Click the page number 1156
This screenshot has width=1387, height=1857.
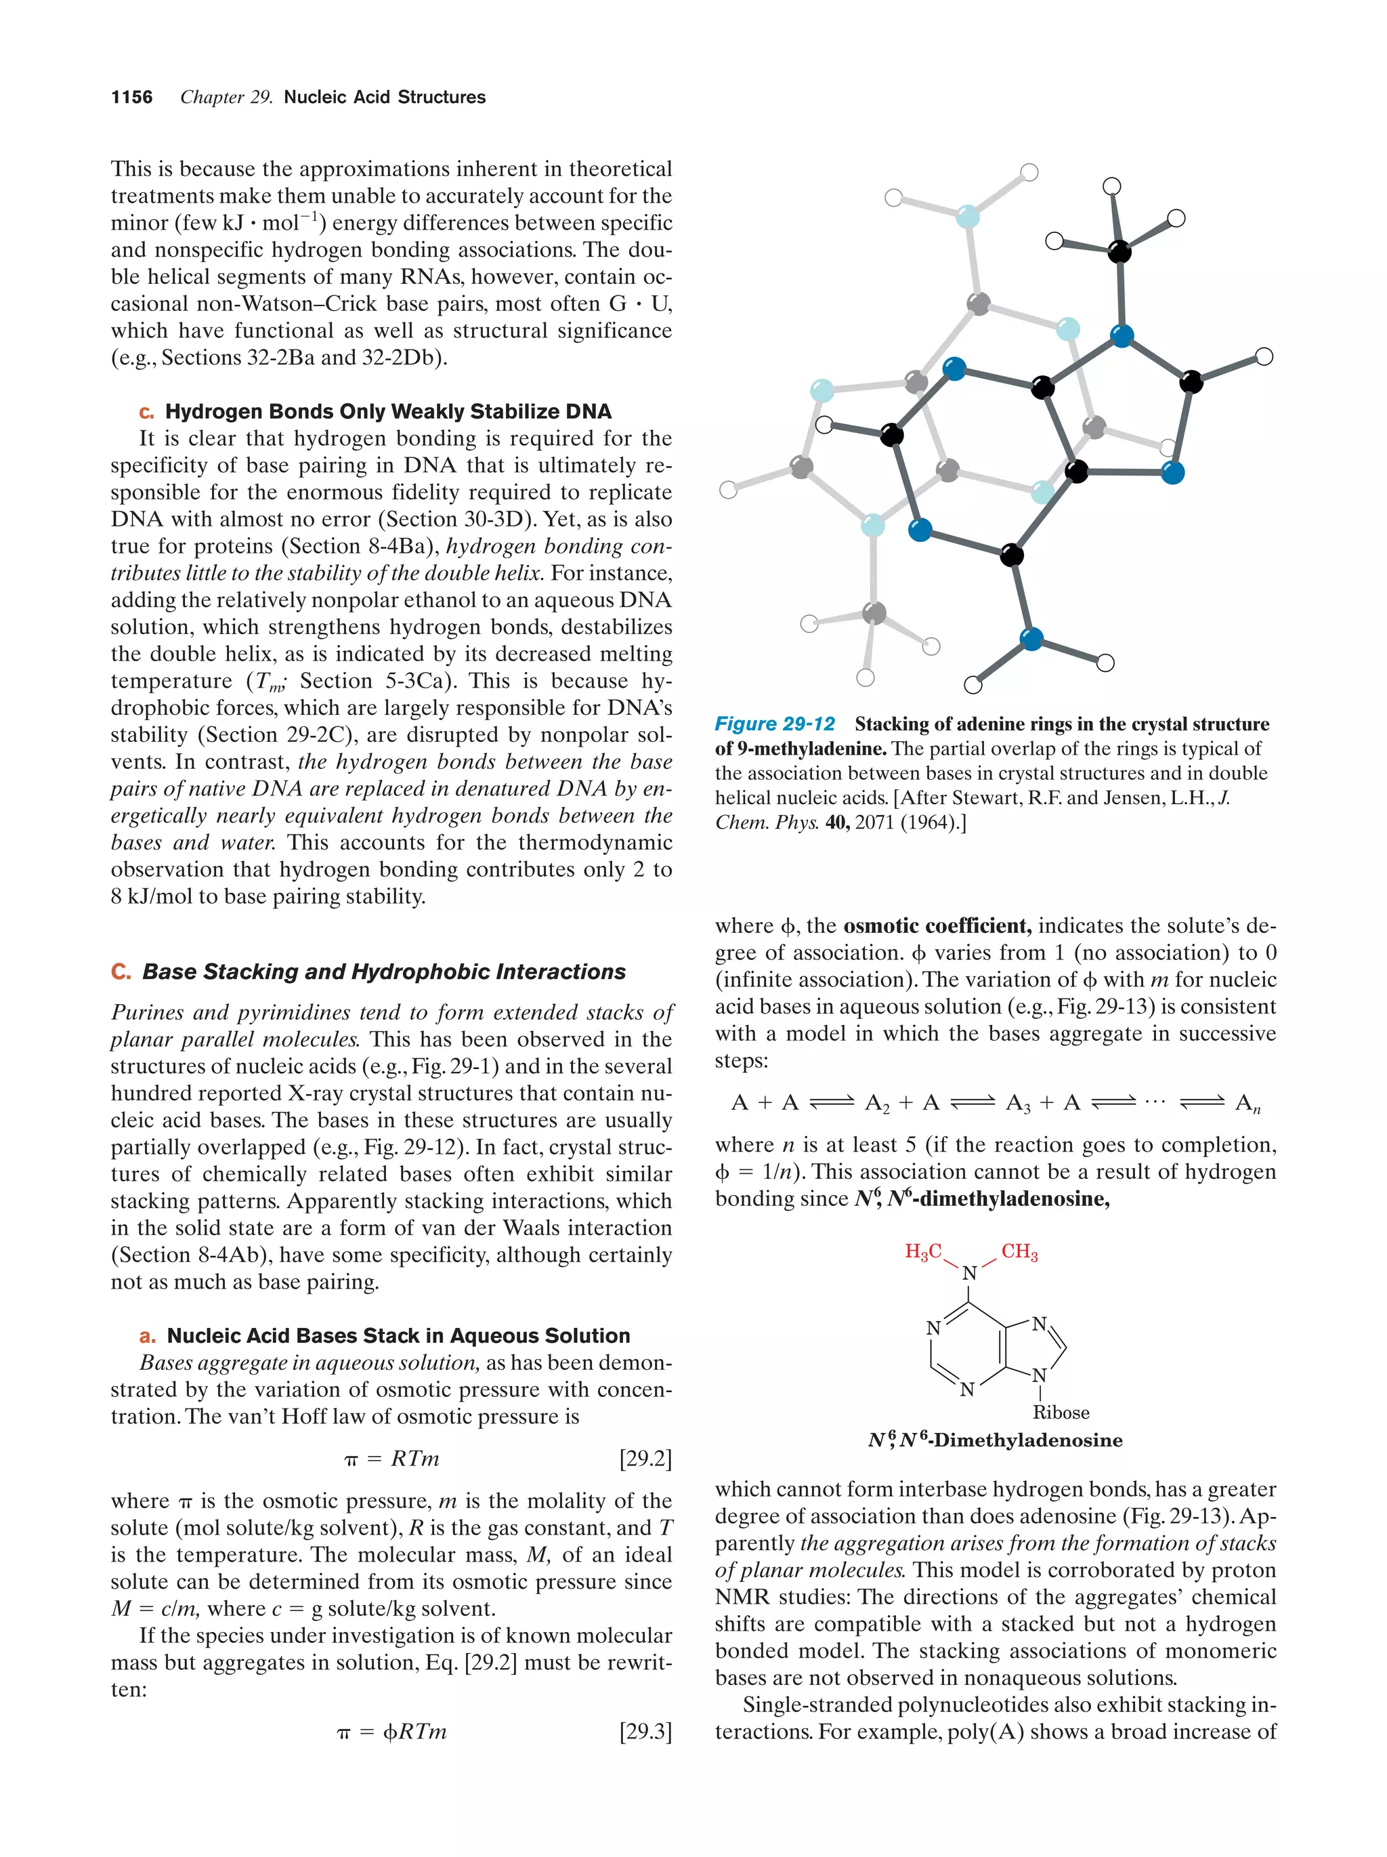[132, 98]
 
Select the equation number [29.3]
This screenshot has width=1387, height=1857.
[645, 1731]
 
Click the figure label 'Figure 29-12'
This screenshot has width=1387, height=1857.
[775, 724]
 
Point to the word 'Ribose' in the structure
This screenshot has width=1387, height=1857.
[1061, 1412]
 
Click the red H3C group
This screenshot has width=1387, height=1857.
[923, 1252]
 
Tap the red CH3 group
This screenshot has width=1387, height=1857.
[1019, 1252]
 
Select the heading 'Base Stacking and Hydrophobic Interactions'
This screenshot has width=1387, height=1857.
[383, 972]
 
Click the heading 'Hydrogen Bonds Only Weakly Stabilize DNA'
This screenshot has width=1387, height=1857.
[387, 411]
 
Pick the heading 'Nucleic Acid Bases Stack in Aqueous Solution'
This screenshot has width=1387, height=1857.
[398, 1335]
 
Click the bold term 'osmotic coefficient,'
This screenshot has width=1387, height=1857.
[937, 925]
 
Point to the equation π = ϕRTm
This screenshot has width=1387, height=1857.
[392, 1731]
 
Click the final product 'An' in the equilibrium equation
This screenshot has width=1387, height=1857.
[1247, 1103]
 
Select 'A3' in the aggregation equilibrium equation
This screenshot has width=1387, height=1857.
[1018, 1103]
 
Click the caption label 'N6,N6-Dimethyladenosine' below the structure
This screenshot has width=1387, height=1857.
[995, 1440]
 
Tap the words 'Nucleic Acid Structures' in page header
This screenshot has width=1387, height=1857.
[384, 98]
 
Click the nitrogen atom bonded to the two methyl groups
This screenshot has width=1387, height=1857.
[969, 1274]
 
